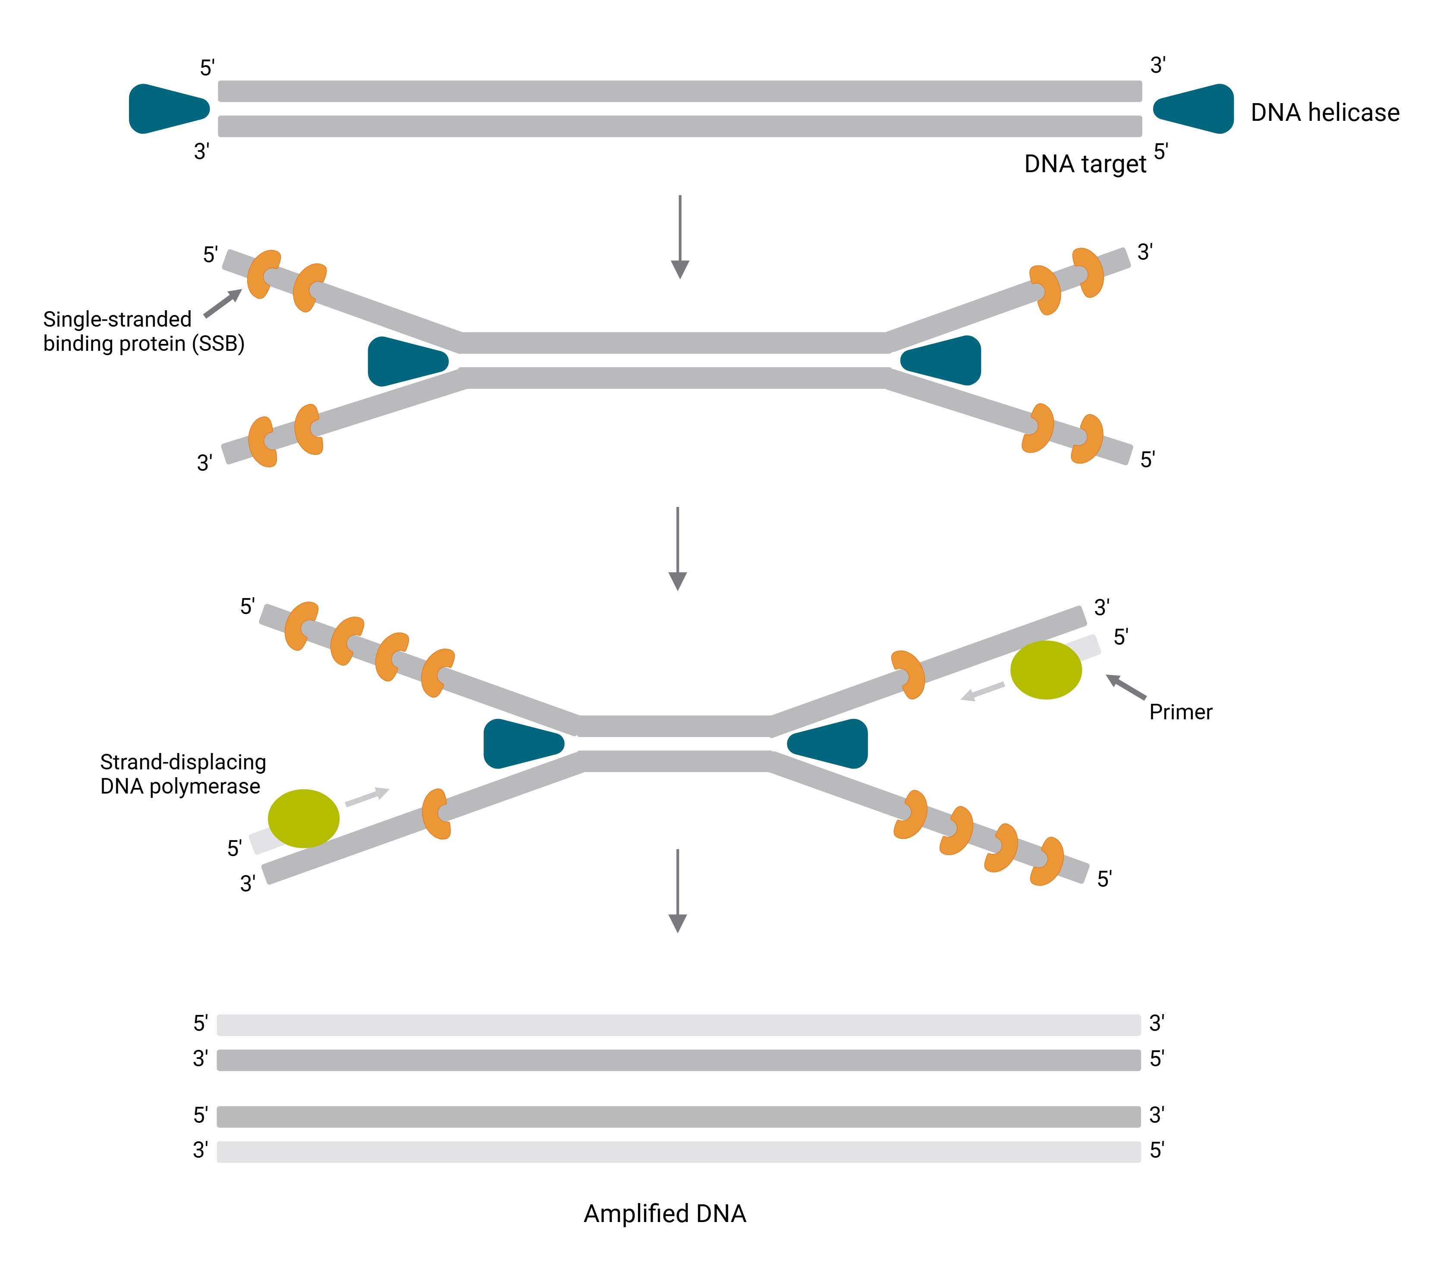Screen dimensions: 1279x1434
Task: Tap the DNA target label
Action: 1084,164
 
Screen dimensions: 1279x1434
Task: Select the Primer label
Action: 1180,712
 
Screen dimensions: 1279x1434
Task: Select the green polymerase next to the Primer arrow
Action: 1045,670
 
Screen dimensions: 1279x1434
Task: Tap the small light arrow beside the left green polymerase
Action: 367,797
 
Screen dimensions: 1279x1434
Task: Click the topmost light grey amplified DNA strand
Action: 678,1024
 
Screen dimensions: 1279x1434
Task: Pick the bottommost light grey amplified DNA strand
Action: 678,1151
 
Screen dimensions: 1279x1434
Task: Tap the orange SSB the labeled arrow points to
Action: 264,274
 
